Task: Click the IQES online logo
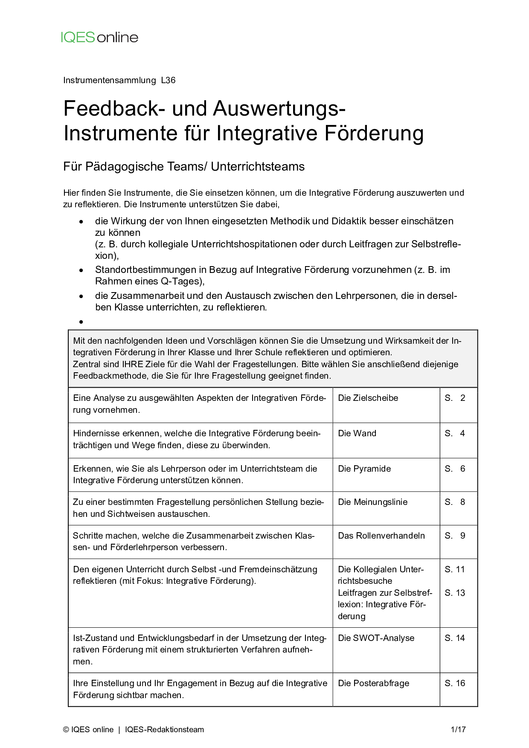(x=99, y=38)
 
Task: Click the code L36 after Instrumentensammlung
(x=168, y=80)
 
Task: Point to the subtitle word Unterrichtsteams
(x=258, y=166)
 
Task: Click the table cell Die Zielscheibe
(x=368, y=398)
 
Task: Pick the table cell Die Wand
(x=357, y=433)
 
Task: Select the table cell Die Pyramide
(x=364, y=469)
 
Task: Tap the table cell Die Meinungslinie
(x=372, y=502)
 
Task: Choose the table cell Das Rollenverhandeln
(x=381, y=536)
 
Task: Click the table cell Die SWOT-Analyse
(x=376, y=638)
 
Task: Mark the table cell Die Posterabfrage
(x=373, y=683)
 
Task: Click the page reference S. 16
(x=455, y=683)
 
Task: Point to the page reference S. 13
(x=455, y=593)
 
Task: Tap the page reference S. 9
(x=455, y=536)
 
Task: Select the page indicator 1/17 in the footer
(x=458, y=730)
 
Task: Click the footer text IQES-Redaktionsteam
(x=164, y=730)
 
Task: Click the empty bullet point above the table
(x=81, y=322)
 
